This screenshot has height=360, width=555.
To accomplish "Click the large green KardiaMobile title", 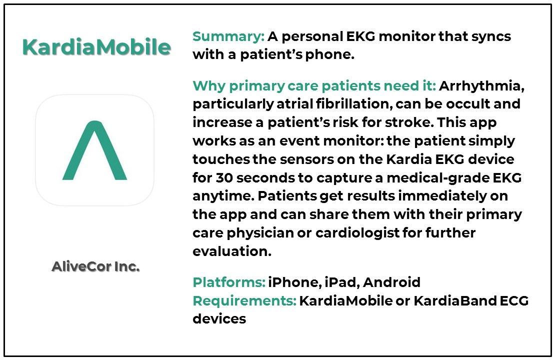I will tap(96, 47).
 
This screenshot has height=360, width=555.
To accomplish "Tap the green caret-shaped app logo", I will tap(94, 150).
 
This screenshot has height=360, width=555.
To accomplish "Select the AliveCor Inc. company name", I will tap(95, 267).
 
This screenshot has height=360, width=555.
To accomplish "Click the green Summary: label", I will tap(228, 36).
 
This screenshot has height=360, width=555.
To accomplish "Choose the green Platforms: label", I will tap(228, 282).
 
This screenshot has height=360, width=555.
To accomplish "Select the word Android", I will tap(391, 282).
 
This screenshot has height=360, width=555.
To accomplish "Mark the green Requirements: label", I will tap(244, 301).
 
